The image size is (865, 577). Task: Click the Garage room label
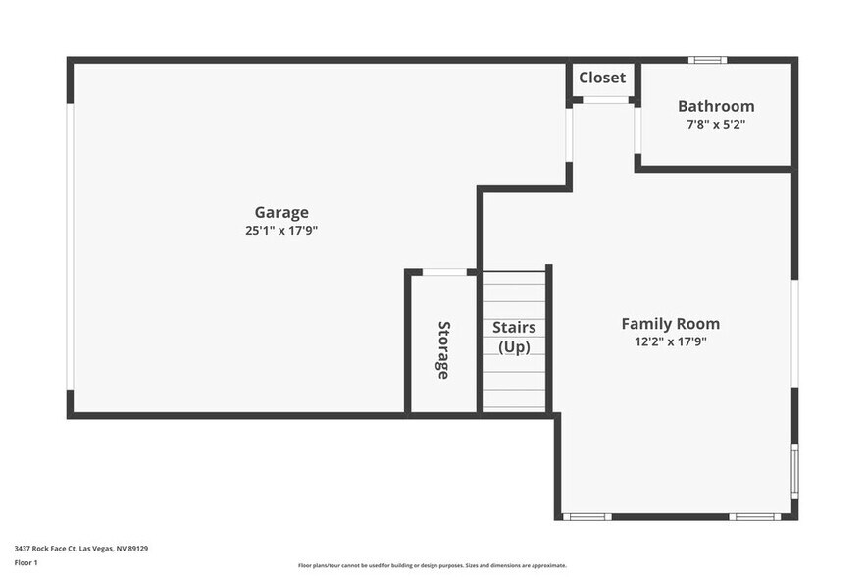(x=281, y=212)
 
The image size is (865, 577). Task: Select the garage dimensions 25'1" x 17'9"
(x=281, y=231)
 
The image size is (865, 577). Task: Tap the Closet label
(x=602, y=78)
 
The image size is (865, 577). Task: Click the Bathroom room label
(x=716, y=106)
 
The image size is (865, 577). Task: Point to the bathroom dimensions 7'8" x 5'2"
(x=716, y=125)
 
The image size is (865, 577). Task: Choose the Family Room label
(x=670, y=323)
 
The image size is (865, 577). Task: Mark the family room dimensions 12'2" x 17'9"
(x=670, y=341)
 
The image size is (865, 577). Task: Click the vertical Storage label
(x=443, y=349)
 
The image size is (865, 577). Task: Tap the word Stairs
(x=514, y=327)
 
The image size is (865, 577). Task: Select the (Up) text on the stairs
(x=514, y=346)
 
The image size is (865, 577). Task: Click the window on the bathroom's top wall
(x=707, y=60)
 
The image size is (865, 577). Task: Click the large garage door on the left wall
(x=71, y=246)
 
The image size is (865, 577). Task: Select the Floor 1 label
(x=25, y=562)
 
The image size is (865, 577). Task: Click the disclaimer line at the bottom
(x=432, y=565)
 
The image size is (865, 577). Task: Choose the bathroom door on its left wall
(x=637, y=130)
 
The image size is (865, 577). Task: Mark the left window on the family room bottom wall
(x=586, y=516)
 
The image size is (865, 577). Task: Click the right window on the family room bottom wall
(x=754, y=516)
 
